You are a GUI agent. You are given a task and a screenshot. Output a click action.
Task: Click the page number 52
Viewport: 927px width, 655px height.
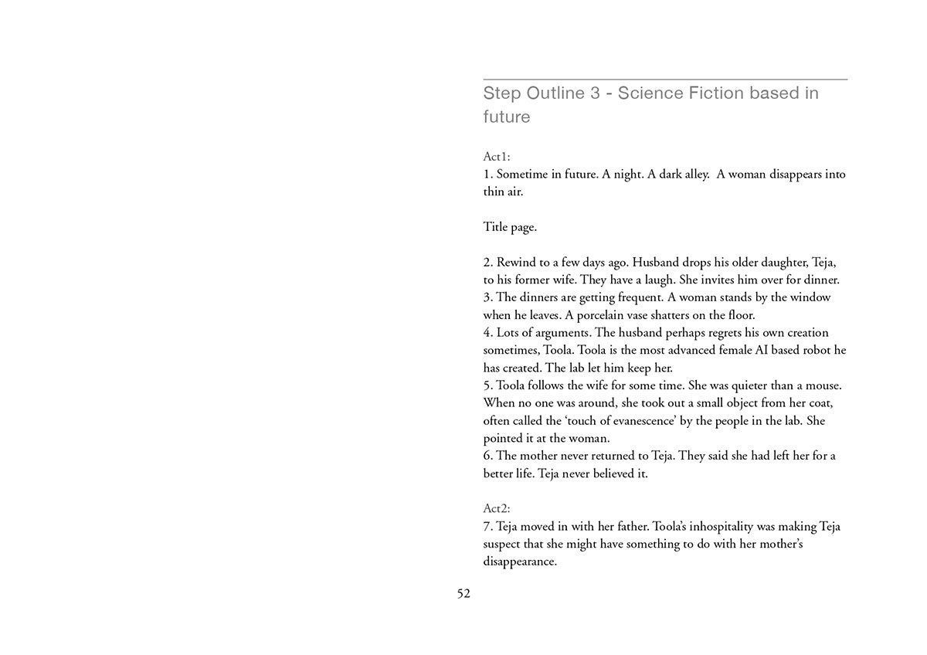[x=463, y=593]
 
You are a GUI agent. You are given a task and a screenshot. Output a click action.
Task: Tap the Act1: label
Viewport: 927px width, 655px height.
[x=497, y=157]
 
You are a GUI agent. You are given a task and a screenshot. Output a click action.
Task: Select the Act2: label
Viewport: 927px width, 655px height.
[x=497, y=509]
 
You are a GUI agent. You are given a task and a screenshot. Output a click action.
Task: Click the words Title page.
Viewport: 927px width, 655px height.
[x=510, y=227]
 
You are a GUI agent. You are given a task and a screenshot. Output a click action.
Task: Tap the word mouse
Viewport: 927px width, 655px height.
[x=822, y=385]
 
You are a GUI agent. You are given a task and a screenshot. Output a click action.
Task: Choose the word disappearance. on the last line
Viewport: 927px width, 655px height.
[x=520, y=562]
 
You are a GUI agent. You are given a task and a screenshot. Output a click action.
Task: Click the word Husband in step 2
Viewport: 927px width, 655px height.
[x=656, y=263]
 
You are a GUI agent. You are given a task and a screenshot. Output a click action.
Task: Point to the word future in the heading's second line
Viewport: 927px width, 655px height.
[x=507, y=117]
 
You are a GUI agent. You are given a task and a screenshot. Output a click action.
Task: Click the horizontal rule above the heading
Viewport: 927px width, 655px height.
[x=665, y=80]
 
